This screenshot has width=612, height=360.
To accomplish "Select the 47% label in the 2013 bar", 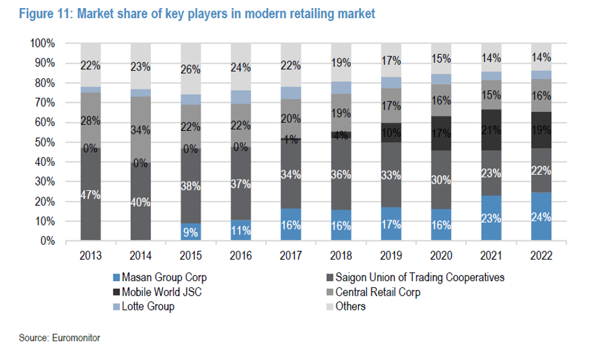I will pos(91,195).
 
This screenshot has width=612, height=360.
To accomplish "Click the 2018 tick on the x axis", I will pos(341,255).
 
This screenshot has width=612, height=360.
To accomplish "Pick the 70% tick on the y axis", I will pos(44,103).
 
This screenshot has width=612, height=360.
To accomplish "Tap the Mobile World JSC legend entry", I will pos(160,292).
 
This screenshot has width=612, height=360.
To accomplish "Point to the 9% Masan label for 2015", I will pos(191,232).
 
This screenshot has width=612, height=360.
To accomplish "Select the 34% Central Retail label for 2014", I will pos(141,130).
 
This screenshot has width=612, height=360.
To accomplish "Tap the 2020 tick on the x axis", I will pos(441,255).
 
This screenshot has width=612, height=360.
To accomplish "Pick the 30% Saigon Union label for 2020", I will pos(441,180).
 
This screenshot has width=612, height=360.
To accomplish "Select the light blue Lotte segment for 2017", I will pos(291,93).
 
